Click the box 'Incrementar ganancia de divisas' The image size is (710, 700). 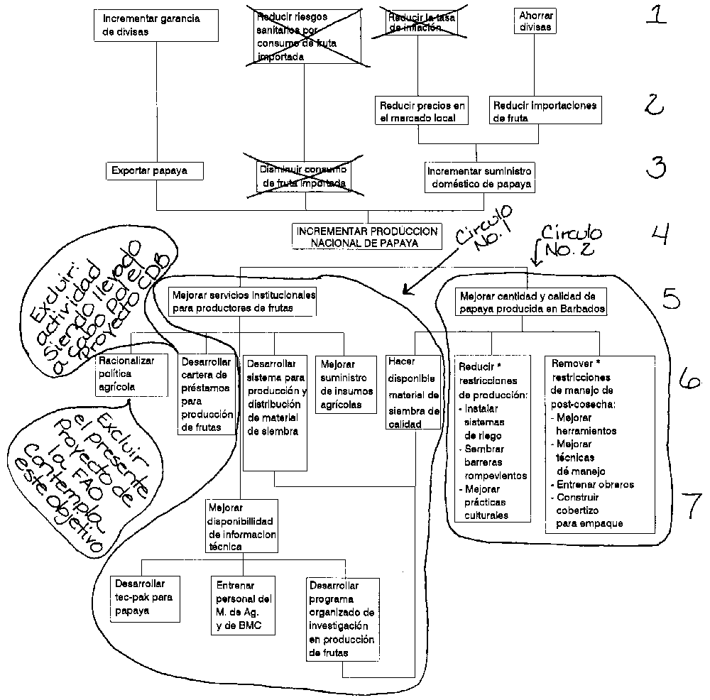tap(155, 26)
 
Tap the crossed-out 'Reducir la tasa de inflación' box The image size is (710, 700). tap(418, 22)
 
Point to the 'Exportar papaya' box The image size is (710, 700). tap(154, 171)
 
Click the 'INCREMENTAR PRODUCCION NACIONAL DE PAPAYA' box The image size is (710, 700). tap(368, 236)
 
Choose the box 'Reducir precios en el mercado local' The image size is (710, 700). tap(422, 111)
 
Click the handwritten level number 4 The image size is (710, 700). tap(660, 234)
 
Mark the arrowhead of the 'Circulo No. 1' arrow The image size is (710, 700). tap(405, 292)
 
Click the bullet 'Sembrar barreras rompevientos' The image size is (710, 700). tap(494, 462)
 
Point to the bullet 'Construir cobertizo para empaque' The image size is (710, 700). tap(588, 510)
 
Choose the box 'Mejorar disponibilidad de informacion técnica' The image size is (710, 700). tap(243, 527)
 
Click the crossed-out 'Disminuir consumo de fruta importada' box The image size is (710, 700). tap(305, 177)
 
